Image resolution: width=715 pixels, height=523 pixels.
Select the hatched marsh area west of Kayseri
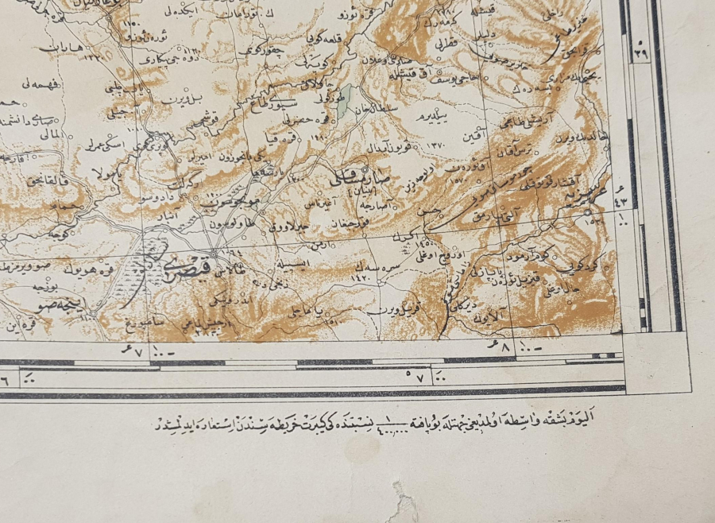pyautogui.click(x=143, y=261)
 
